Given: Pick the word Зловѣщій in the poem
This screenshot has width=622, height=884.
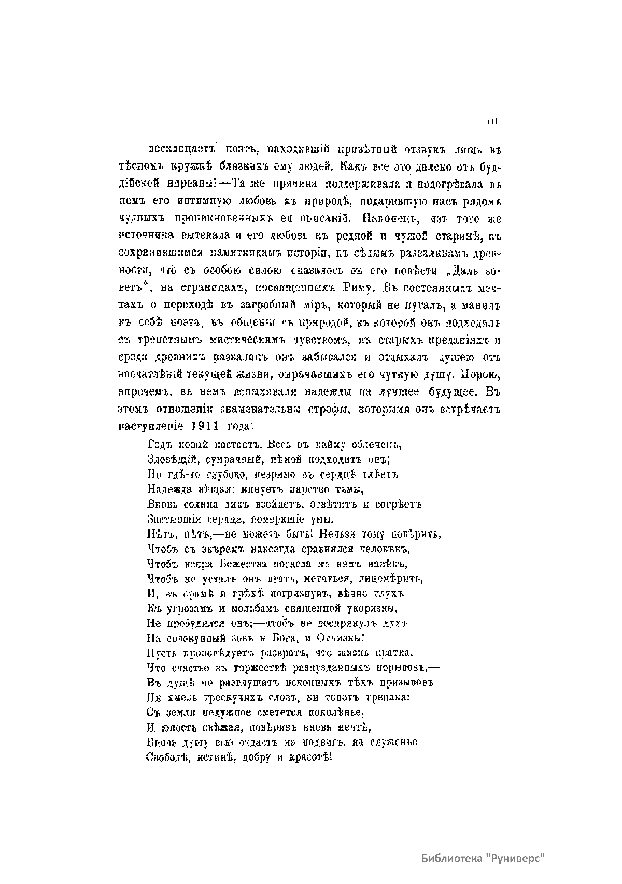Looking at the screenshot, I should pos(167,459).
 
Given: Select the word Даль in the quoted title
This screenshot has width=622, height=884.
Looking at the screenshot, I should pos(460,270).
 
